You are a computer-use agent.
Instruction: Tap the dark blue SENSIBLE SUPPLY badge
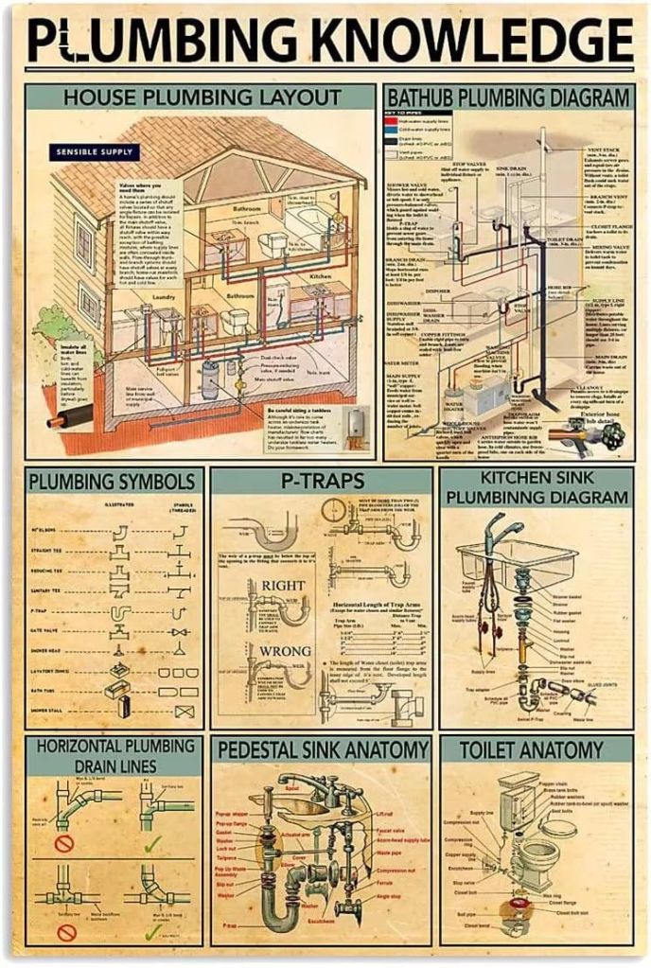pos(97,151)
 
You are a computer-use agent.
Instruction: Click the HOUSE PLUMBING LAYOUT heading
pos(202,97)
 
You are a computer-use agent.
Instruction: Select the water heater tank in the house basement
pos(209,379)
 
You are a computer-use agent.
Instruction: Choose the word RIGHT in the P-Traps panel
pos(283,586)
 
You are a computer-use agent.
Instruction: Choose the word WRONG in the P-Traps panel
pos(284,651)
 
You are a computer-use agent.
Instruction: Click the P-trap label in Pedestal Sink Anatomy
pos(229,924)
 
